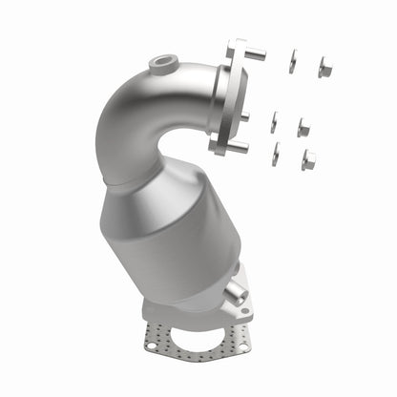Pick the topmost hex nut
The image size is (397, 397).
pyautogui.click(x=324, y=68)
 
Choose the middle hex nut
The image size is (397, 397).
pyautogui.click(x=303, y=126)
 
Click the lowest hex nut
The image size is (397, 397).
pyautogui.click(x=308, y=158)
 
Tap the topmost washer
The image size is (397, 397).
pyautogui.click(x=292, y=61)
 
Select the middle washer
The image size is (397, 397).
pyautogui.click(x=274, y=122)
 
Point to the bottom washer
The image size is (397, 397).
pyautogui.click(x=275, y=153)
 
